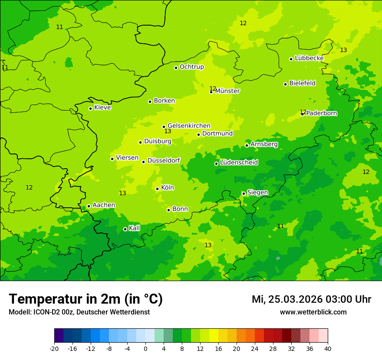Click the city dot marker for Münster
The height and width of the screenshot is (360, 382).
click(211, 92)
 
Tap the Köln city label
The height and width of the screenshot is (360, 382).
click(167, 188)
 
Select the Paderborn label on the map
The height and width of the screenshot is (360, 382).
click(321, 113)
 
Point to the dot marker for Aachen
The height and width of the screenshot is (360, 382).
click(89, 206)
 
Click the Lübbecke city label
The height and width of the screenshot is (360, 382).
click(309, 58)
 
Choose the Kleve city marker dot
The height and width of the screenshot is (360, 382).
click(90, 108)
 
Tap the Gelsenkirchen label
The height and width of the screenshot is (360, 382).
click(189, 126)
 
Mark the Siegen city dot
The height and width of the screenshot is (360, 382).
click(244, 193)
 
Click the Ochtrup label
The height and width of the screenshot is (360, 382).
click(191, 67)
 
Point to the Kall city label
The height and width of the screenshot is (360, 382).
click(134, 228)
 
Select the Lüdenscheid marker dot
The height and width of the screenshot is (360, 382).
click(216, 164)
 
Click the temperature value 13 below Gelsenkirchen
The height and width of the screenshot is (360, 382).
click(168, 131)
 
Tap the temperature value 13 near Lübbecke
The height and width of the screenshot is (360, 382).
click(343, 50)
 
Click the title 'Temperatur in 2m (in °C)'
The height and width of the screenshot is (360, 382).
click(86, 299)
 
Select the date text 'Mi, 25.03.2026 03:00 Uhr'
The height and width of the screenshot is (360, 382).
click(311, 299)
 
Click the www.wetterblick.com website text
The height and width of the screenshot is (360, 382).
click(313, 312)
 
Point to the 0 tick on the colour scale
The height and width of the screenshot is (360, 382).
click(145, 349)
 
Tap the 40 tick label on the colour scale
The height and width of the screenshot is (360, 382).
click(327, 349)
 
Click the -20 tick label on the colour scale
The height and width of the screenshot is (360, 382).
click(54, 349)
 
